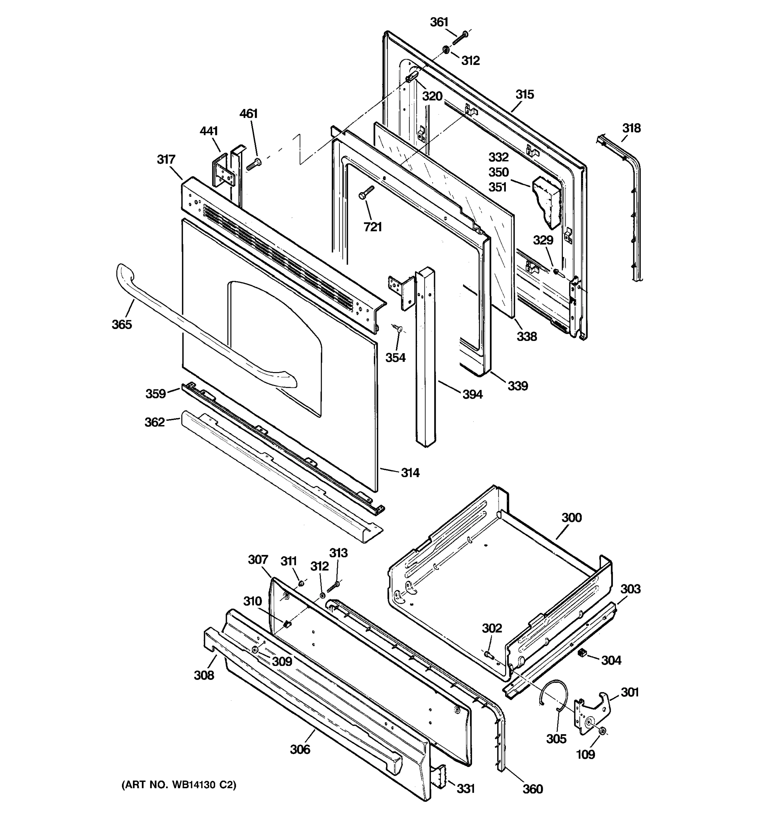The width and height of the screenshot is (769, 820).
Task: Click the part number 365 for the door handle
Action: [x=122, y=324]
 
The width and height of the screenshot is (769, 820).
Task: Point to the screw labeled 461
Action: [x=253, y=164]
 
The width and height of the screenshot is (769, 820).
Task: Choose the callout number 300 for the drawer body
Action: [x=571, y=518]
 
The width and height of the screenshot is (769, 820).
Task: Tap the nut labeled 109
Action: [x=602, y=731]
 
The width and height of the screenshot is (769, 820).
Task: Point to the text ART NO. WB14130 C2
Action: [x=179, y=785]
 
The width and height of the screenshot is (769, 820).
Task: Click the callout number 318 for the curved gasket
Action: [x=632, y=128]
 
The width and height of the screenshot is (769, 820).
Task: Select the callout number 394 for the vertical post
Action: [x=472, y=395]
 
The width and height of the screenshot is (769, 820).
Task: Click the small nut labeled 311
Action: [x=301, y=583]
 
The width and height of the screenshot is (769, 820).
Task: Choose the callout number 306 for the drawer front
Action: [x=300, y=750]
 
